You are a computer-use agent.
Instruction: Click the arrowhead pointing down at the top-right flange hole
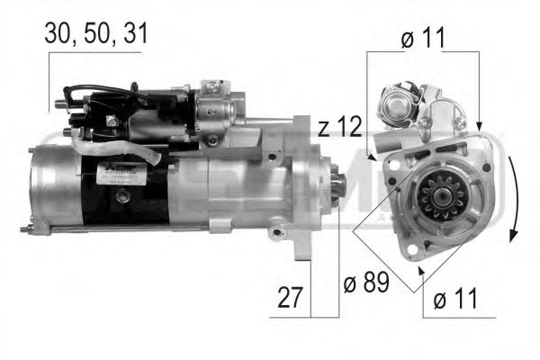point(479,127)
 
